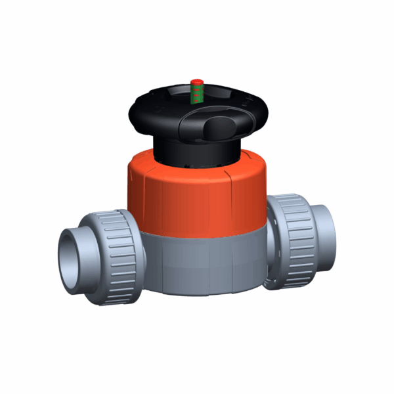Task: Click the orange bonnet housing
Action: (x=197, y=197)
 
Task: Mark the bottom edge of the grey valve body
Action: (x=197, y=291)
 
